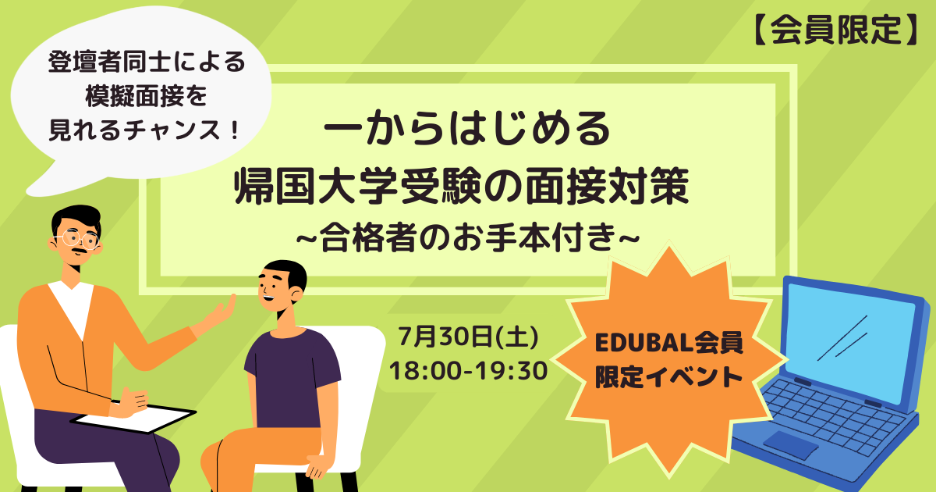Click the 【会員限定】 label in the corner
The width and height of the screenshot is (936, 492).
835,30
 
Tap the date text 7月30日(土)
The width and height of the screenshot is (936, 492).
469,337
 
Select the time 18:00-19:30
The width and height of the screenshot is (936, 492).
469,371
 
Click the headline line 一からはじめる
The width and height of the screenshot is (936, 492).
467,127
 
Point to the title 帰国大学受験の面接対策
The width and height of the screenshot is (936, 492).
462,186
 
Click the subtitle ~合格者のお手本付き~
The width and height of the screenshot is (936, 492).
468,237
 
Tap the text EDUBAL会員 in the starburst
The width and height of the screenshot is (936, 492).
669,343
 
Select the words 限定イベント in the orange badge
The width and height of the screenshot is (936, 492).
669,377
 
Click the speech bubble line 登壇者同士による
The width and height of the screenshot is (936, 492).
147,62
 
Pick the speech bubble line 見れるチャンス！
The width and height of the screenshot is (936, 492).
144,130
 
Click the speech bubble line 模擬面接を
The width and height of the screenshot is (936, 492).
147,96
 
